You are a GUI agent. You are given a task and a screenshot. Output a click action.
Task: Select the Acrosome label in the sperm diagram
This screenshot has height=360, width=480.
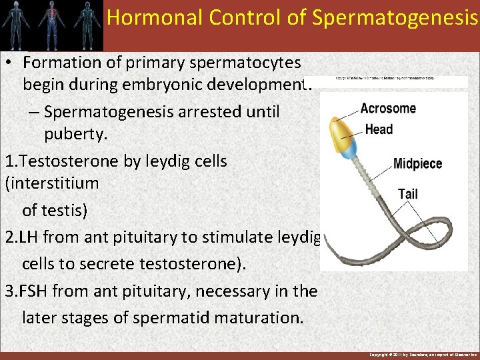pos(388,109)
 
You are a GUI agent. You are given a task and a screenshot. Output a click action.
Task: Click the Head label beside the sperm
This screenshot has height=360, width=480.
pos(379,129)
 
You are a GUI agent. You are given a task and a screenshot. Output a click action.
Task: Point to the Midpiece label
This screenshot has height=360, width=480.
pos(417,163)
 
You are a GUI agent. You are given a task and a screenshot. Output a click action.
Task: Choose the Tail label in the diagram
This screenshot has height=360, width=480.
pos(408,194)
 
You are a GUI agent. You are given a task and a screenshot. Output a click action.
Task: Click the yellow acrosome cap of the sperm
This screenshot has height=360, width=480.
pos(341,129)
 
